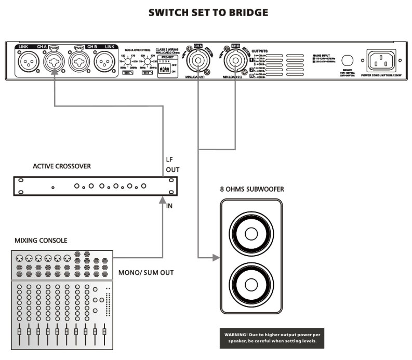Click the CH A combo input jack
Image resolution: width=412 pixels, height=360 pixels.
point(55,63)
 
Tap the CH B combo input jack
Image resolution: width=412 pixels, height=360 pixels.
point(79,63)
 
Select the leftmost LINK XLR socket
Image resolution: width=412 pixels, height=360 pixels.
point(28,63)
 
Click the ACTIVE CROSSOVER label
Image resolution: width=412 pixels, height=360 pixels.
point(62,166)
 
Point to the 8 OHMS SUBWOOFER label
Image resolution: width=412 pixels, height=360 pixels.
point(252,189)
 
